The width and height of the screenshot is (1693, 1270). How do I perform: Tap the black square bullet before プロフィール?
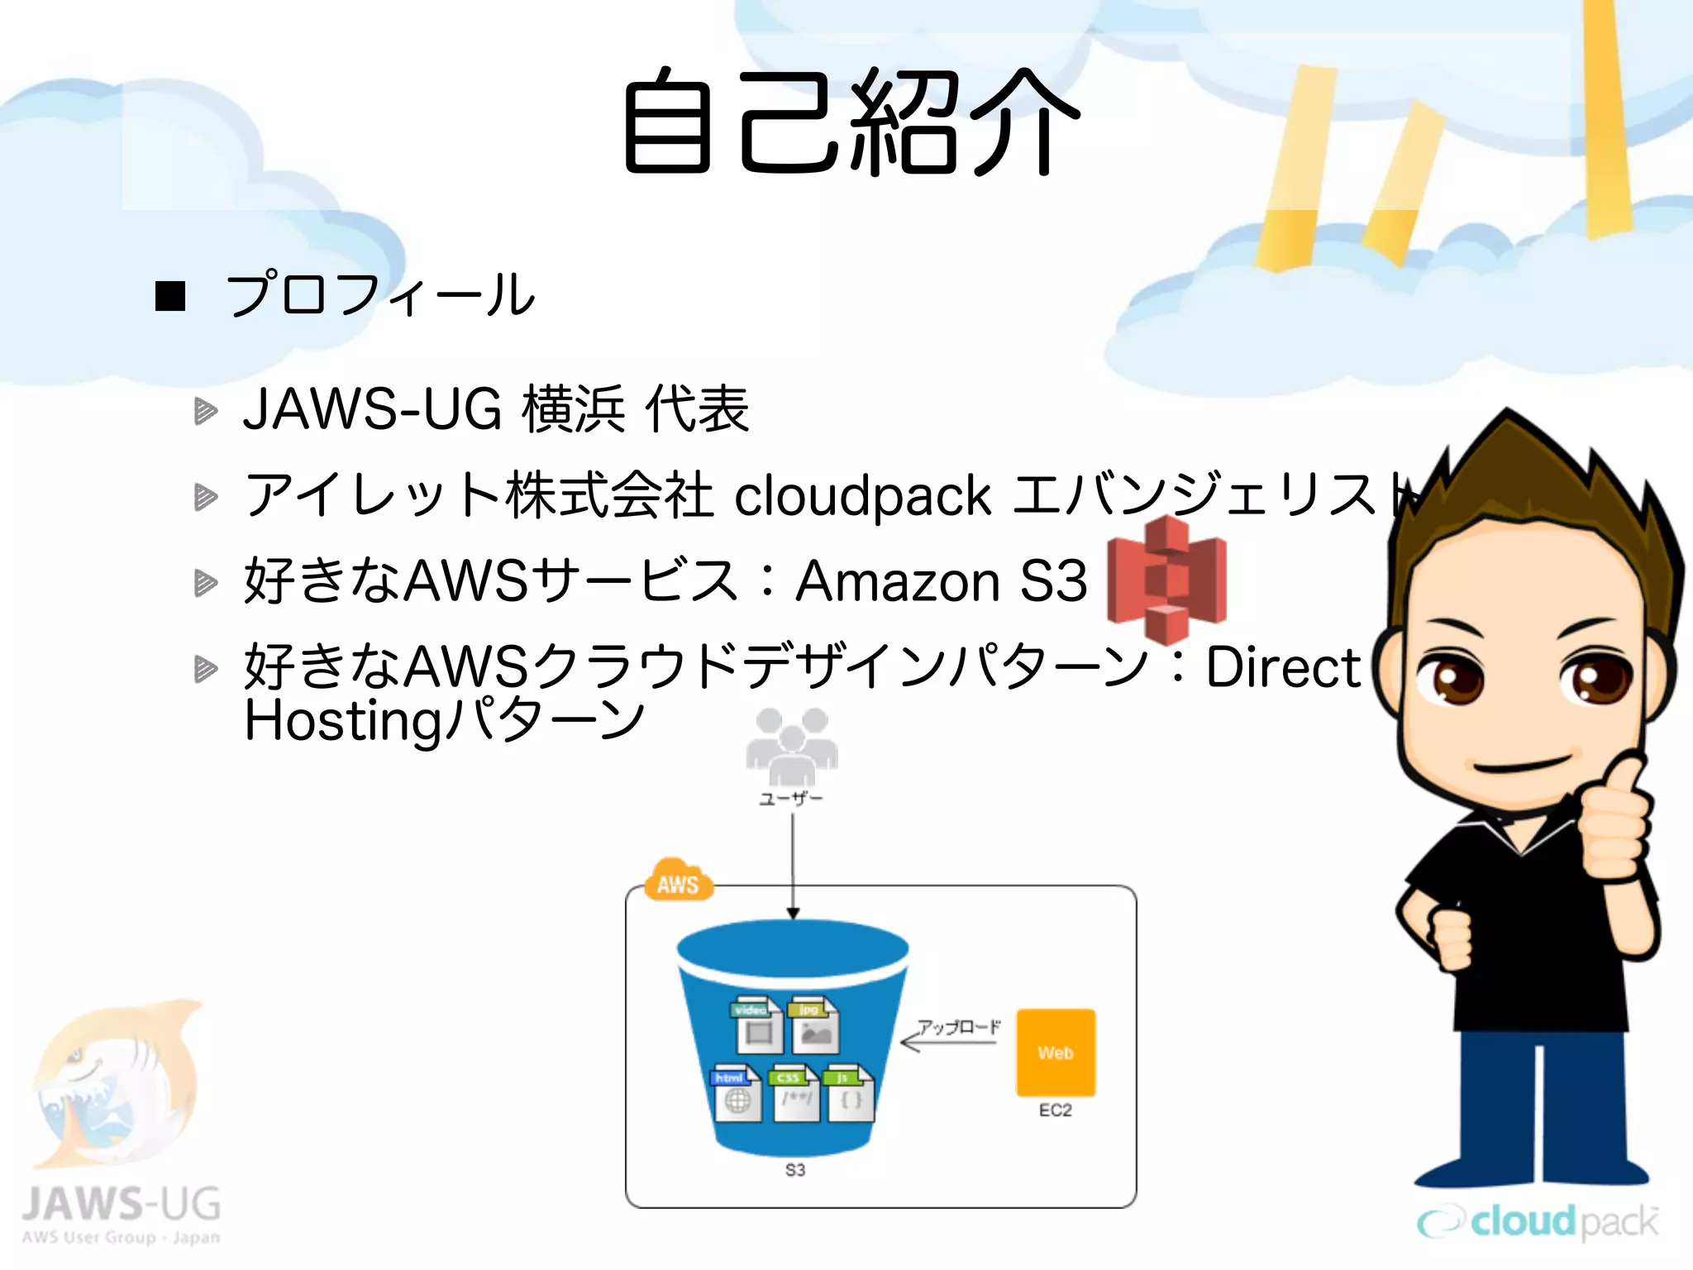(x=170, y=296)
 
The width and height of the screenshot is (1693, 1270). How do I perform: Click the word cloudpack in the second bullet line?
(x=863, y=496)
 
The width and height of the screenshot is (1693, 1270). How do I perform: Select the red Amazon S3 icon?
(x=1166, y=580)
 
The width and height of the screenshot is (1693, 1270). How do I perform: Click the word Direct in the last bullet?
(x=1282, y=667)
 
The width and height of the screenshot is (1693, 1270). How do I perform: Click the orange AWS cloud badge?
(x=678, y=881)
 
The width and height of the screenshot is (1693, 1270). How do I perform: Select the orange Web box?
(x=1056, y=1053)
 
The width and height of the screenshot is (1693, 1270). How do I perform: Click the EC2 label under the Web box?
(x=1056, y=1110)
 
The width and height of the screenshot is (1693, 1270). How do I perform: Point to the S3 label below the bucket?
(x=794, y=1170)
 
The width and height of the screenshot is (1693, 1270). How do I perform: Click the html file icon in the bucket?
(x=735, y=1093)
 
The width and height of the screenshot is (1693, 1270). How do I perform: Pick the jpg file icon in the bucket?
(x=813, y=1025)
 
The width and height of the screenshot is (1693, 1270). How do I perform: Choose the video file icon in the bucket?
(x=755, y=1025)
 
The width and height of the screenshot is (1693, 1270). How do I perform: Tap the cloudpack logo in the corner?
(x=1538, y=1221)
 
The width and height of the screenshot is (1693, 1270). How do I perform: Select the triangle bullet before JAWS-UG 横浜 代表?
(x=205, y=411)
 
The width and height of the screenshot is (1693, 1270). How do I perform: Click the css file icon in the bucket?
(x=794, y=1093)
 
